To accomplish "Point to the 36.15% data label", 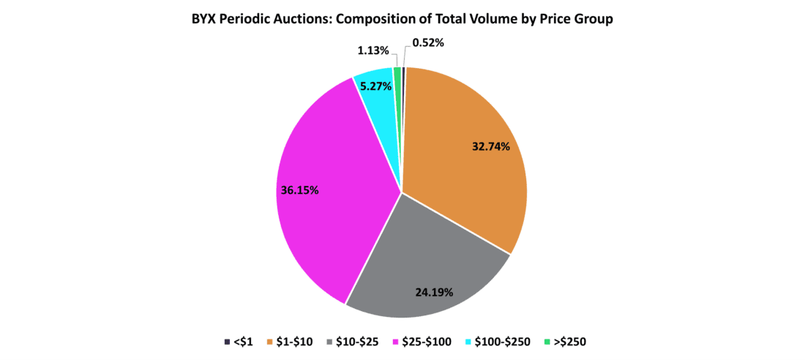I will pos(300,190).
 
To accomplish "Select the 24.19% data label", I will pos(433,292).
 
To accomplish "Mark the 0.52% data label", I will pos(428,43).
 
